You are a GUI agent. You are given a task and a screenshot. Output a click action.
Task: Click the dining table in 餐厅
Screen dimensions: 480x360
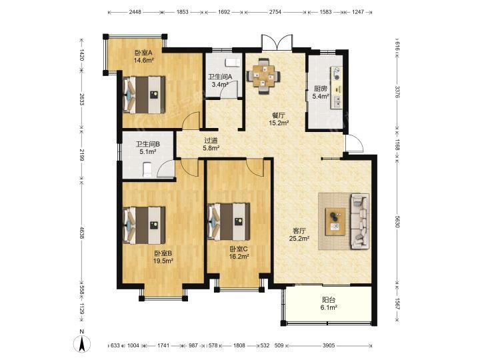coord(263,76)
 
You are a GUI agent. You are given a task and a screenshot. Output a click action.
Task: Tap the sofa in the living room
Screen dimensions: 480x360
coord(360,221)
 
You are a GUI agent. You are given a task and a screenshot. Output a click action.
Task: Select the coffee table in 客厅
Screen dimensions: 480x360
coord(335,221)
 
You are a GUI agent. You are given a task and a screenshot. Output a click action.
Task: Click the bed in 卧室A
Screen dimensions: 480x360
coord(144,95)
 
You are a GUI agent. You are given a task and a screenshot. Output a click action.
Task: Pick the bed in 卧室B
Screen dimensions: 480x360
coord(144,225)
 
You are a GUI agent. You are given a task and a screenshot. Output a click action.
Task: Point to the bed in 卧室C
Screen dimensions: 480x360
coord(229,221)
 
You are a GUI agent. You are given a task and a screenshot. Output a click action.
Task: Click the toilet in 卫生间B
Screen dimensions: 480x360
coord(147,169)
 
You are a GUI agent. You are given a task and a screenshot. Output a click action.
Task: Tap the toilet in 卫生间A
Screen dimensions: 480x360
coord(232,63)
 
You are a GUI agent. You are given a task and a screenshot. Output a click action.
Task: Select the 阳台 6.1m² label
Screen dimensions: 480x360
coord(329,304)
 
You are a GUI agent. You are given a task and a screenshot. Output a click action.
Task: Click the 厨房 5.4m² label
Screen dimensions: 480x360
coord(321,93)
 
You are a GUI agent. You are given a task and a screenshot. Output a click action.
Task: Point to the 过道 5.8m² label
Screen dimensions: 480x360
coord(211,145)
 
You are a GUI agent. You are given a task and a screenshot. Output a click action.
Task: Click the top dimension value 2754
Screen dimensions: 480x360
coord(275,12)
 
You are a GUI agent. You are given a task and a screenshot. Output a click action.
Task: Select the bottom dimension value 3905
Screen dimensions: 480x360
coord(329,345)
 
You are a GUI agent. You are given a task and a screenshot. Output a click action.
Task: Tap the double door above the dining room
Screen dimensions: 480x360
coord(277,42)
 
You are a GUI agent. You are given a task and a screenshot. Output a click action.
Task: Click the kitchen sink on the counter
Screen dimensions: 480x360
coord(337,101)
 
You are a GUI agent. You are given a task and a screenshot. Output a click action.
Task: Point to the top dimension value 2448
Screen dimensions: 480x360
coord(135,12)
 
